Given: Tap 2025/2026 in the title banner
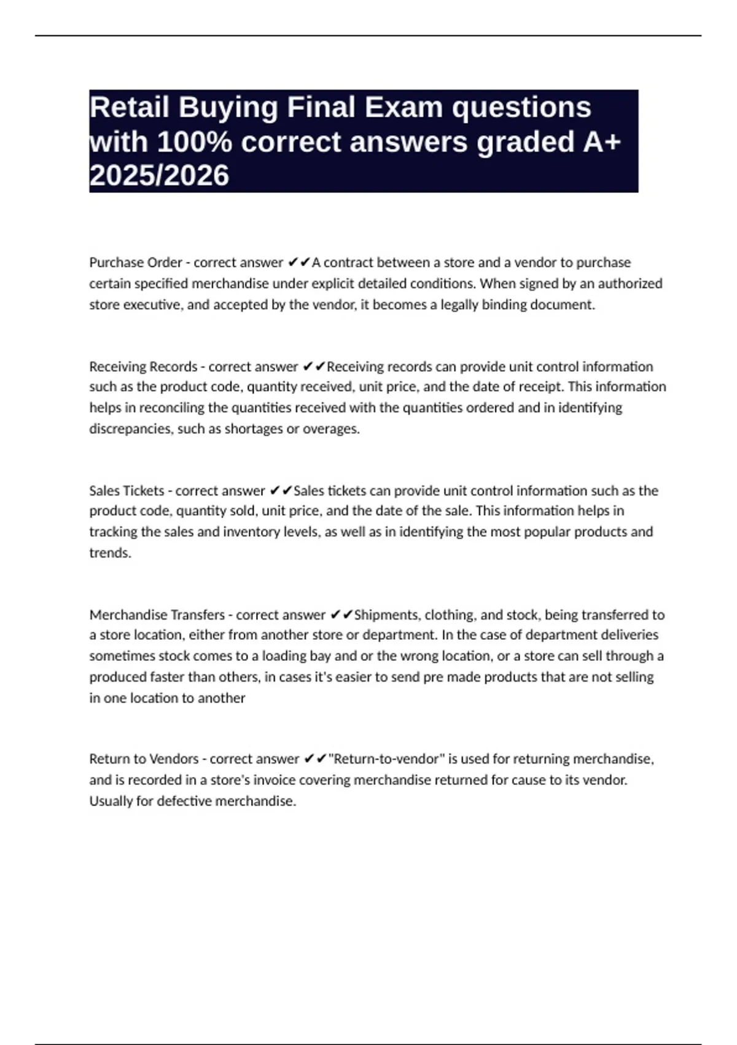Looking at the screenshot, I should coord(159,176).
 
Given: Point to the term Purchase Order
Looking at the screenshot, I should coord(135,262).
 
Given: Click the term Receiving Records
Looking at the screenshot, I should coord(143,366).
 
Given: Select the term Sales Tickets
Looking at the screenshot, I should coord(127,491).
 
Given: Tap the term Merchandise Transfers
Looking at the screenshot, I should coord(157,615).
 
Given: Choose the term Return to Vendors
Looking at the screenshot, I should coord(144,759).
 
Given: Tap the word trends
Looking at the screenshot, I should coord(110,553).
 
